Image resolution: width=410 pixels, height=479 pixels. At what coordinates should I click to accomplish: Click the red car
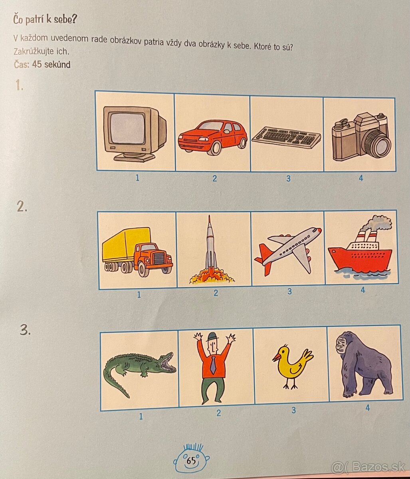pos(212,137)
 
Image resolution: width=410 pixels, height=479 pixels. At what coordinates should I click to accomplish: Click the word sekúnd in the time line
pos(57,64)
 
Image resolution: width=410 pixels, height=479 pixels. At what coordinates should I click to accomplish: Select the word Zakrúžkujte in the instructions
pos(34,51)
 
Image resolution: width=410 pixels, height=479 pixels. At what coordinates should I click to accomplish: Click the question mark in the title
pos(73,20)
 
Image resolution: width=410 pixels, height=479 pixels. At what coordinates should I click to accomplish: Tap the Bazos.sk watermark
pos(368,467)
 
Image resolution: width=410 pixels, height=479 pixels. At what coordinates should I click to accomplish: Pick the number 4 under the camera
pos(361,178)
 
